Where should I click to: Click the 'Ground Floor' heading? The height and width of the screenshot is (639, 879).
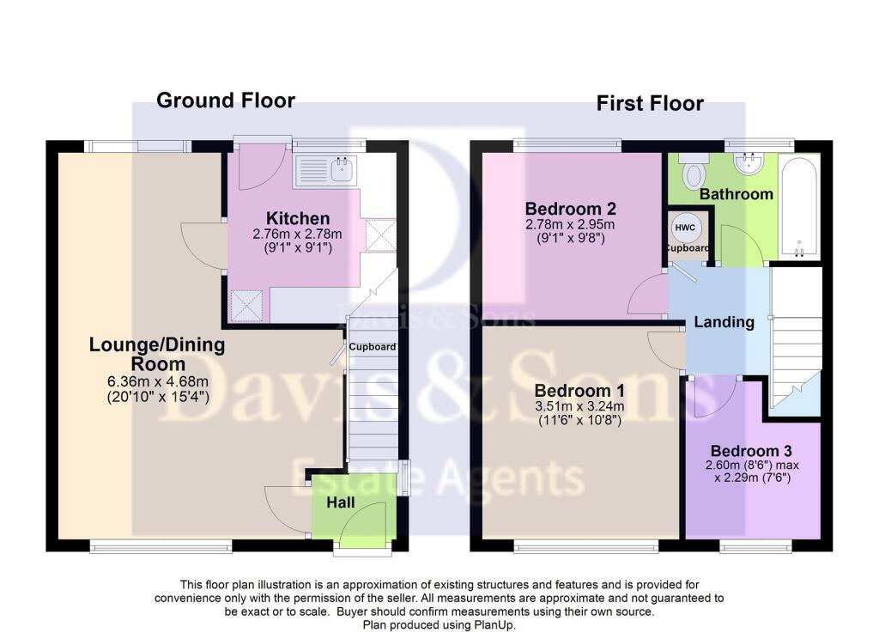226,100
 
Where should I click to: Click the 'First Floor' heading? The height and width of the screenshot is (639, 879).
650,104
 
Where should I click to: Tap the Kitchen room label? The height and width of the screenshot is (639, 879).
297,218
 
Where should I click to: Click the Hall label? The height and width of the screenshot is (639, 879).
341,502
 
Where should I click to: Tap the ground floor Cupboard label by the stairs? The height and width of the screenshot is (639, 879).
373,347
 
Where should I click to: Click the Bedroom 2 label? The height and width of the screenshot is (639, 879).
571,209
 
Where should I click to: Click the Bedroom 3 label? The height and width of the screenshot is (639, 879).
751,451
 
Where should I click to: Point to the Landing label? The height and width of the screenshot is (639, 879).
724,323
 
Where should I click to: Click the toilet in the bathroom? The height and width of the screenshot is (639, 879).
692,173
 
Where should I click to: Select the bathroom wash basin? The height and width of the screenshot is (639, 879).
749,164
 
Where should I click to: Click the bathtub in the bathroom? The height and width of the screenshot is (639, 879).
798,206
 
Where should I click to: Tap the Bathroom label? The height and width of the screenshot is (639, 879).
736,194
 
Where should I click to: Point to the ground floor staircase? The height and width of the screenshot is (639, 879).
372,412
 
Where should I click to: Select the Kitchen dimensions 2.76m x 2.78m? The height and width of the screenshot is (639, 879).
297,234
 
